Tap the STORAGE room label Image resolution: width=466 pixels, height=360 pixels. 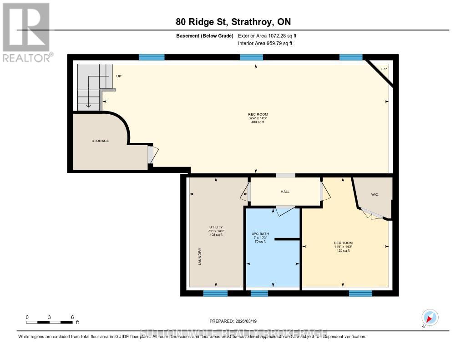coord(100,141)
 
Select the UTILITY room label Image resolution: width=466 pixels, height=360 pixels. coord(216,227)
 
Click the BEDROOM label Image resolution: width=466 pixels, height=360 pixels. coord(343,243)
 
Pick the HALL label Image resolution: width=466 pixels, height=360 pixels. coord(285,192)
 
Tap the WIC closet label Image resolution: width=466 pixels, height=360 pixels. coord(375,194)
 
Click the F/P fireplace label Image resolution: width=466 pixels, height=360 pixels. coord(384,69)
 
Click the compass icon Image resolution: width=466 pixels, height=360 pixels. coord(430,317)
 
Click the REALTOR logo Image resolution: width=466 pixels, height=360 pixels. coord(26,32)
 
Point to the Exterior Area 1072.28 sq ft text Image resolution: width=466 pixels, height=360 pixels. coord(267,35)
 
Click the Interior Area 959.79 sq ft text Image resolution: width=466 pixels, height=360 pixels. coord(265,44)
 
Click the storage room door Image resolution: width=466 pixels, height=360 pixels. coord(152,155)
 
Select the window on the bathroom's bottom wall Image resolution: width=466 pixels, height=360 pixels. coord(259,294)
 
